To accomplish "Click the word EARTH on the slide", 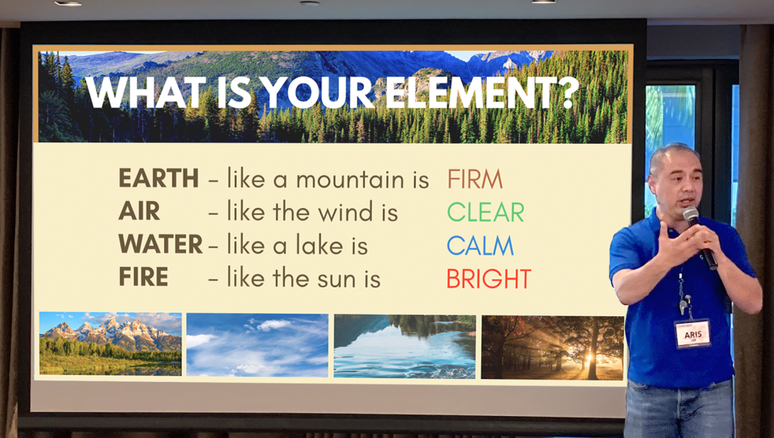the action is pyautogui.click(x=159, y=179).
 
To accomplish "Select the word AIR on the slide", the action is pyautogui.click(x=139, y=211).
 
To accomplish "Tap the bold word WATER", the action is pyautogui.click(x=160, y=244).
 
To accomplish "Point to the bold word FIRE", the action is pyautogui.click(x=143, y=277).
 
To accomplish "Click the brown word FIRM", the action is pyautogui.click(x=475, y=179).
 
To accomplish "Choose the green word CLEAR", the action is pyautogui.click(x=485, y=213).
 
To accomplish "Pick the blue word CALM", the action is pyautogui.click(x=480, y=245).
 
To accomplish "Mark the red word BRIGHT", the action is pyautogui.click(x=489, y=278).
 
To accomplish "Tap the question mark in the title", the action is pyautogui.click(x=570, y=92).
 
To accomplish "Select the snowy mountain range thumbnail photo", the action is pyautogui.click(x=110, y=343).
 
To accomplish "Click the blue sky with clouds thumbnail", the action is pyautogui.click(x=257, y=345).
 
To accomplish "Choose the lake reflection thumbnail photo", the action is pyautogui.click(x=405, y=346).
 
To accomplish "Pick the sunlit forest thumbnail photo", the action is pyautogui.click(x=552, y=348).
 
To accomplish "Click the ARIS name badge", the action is pyautogui.click(x=692, y=334).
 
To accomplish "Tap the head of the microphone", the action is pyautogui.click(x=690, y=215).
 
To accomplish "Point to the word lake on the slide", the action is pyautogui.click(x=320, y=245).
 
